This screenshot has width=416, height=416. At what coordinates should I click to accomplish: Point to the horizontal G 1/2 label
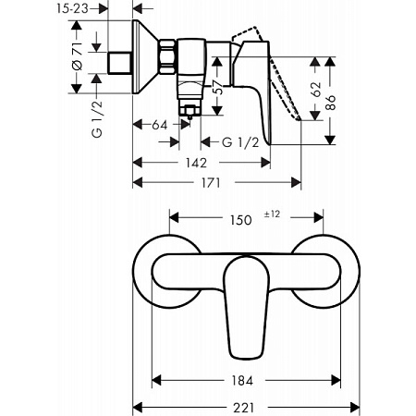(241, 142)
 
